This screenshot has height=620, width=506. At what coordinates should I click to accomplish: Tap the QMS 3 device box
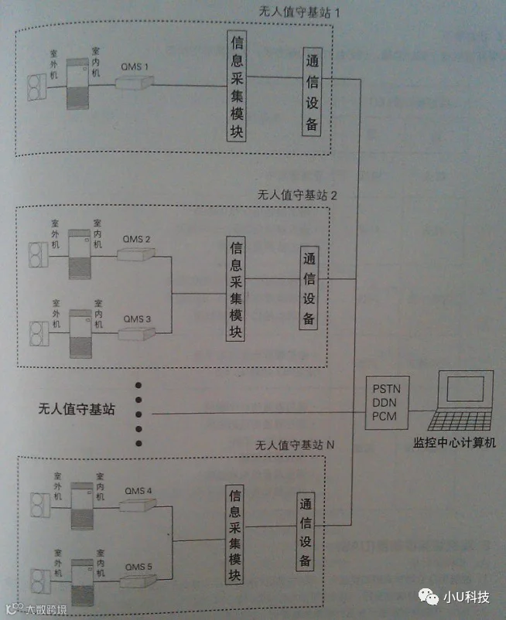138,333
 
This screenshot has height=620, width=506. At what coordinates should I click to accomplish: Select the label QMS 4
138,491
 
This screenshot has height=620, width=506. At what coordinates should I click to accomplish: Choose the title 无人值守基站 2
297,195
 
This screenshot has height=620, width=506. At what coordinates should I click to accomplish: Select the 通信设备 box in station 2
309,288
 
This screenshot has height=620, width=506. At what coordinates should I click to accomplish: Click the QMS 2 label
137,238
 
